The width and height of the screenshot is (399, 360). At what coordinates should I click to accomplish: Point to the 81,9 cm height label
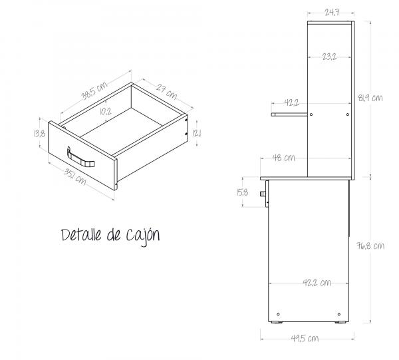pyautogui.click(x=370, y=98)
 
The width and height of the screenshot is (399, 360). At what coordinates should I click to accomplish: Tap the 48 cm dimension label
pyautogui.click(x=284, y=158)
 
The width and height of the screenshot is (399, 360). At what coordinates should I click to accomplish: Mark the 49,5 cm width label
pyautogui.click(x=305, y=338)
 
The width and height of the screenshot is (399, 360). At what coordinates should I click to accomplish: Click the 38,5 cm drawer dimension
pyautogui.click(x=95, y=91)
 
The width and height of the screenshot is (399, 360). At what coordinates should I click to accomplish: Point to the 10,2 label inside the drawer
pyautogui.click(x=104, y=111)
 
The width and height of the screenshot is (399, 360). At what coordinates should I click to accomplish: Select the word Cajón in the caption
pyautogui.click(x=140, y=236)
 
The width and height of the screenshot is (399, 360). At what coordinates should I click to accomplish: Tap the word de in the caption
pyautogui.click(x=112, y=235)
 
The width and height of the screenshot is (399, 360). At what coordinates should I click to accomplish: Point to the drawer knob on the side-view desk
pyautogui.click(x=264, y=194)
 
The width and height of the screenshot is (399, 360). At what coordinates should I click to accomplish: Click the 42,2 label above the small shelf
pyautogui.click(x=291, y=103)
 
